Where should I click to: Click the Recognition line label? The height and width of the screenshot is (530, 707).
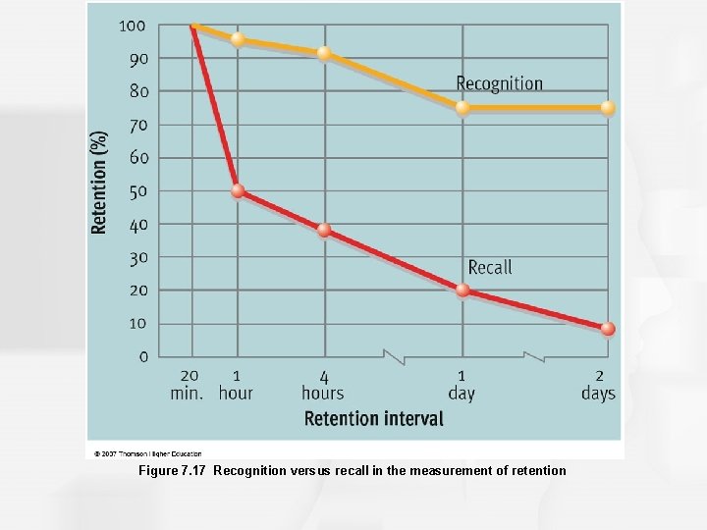[x=499, y=84]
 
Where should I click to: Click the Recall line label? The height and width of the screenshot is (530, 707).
[x=489, y=267]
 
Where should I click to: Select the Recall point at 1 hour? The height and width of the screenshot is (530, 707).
[x=238, y=191]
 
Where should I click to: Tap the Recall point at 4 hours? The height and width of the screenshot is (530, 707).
[x=324, y=231]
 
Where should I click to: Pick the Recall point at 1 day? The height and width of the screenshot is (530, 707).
[x=462, y=290]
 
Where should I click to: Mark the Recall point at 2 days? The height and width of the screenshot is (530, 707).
[x=608, y=329]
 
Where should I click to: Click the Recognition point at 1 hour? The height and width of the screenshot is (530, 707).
[x=238, y=39]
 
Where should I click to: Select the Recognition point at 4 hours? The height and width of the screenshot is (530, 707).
[x=324, y=53]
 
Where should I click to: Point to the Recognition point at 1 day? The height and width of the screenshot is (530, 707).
[x=462, y=108]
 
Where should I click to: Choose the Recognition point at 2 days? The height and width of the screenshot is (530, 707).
[x=608, y=108]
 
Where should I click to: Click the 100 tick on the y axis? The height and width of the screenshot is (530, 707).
[x=134, y=25]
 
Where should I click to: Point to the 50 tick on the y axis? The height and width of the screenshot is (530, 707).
[x=138, y=191]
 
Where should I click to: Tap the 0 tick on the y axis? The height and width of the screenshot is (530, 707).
[x=143, y=357]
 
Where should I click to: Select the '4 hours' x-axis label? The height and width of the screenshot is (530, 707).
[x=323, y=385]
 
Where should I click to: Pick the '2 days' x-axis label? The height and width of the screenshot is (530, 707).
[x=598, y=385]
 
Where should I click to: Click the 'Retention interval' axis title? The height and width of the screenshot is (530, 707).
[x=373, y=419]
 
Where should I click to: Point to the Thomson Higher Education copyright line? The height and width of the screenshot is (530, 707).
[x=147, y=453]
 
